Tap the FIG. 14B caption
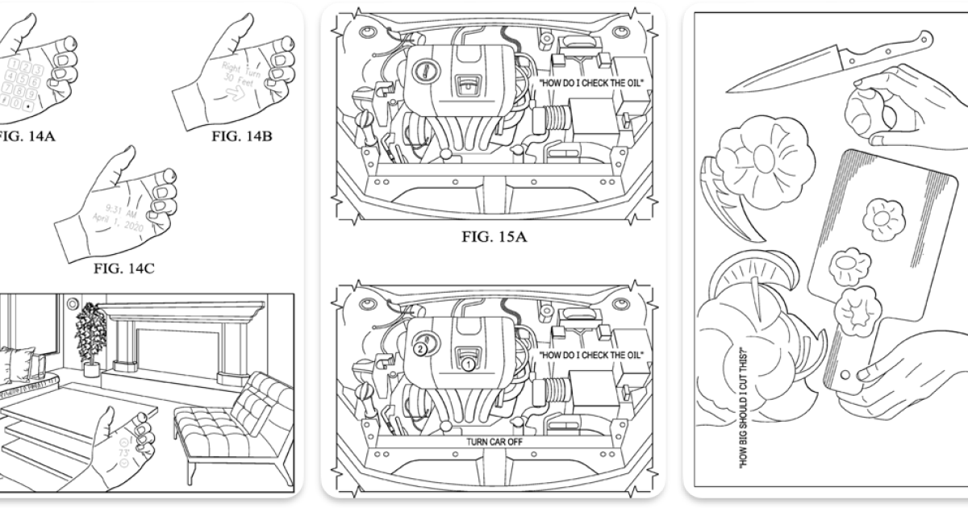click(241, 135)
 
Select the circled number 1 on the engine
click(466, 364)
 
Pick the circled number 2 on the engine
click(419, 350)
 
